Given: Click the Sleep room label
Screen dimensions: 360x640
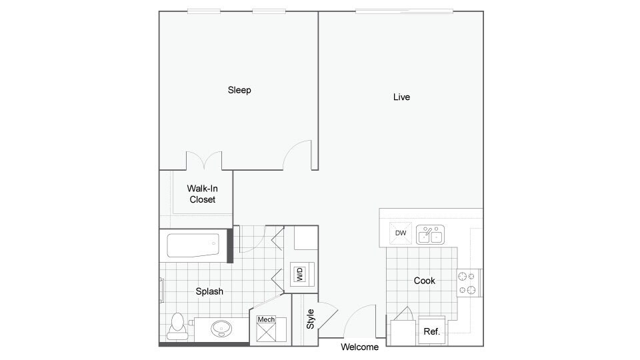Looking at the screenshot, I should (239, 90).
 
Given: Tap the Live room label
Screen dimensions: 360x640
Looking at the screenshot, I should (401, 97).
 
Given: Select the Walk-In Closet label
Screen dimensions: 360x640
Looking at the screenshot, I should (202, 194).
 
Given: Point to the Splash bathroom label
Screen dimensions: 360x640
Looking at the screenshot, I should (209, 291).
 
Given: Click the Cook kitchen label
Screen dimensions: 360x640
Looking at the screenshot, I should (425, 281).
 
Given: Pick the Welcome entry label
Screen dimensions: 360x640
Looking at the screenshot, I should (360, 347).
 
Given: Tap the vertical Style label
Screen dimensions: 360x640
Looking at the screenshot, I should (311, 319).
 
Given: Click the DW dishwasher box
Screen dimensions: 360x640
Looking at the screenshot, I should (401, 233).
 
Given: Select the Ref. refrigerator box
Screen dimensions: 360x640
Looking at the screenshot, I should (431, 331).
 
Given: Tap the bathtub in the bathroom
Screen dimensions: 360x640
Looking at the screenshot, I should (193, 246).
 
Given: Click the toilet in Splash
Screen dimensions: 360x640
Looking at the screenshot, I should (177, 325).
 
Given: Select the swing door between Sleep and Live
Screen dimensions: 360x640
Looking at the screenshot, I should (298, 155).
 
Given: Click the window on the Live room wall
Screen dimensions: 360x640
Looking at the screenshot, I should (404, 11).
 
